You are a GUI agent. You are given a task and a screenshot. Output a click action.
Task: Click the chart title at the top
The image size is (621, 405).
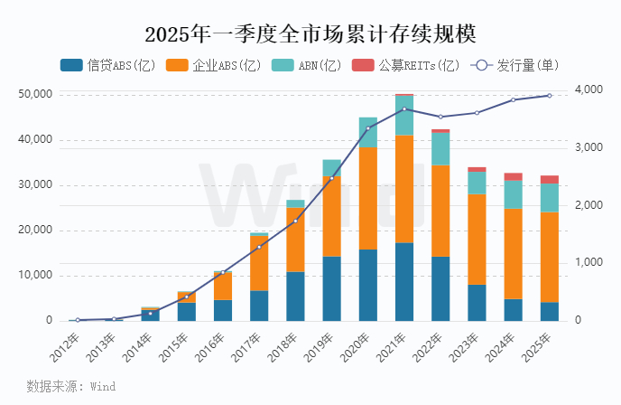point(310,33)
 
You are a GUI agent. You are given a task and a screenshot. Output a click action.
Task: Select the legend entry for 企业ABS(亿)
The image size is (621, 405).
point(214,65)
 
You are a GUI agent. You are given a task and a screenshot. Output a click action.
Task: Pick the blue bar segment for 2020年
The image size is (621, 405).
point(368,285)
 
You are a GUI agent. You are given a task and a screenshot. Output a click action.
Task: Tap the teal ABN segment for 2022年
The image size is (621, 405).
point(440,149)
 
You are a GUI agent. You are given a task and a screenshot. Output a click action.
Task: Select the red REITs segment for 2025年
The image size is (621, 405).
point(549,179)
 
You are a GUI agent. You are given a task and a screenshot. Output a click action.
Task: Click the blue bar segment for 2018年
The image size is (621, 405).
point(295,296)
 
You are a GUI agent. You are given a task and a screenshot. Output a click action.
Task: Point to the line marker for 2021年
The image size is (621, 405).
point(404,108)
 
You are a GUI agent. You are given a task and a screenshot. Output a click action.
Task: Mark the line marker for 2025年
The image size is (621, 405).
point(549,96)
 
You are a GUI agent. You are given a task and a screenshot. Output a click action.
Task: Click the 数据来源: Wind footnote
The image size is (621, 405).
point(70,386)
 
